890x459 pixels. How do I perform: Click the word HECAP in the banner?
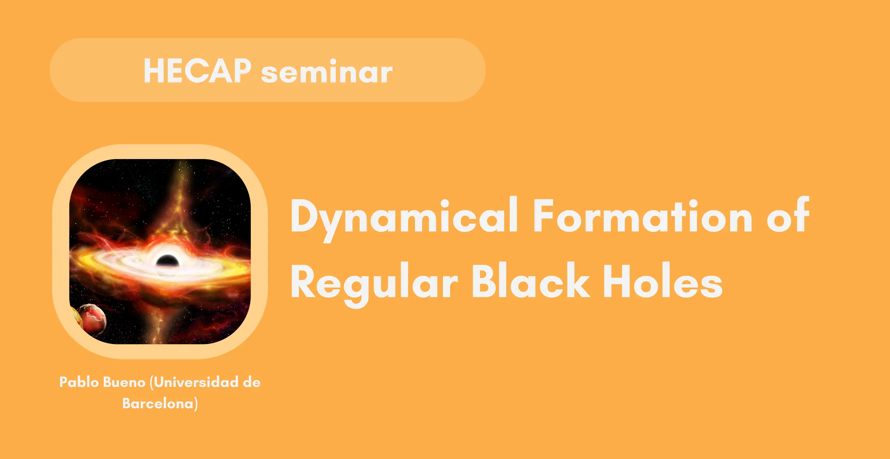point(197,71)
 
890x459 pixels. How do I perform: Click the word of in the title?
point(788,214)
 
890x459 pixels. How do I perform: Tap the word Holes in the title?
point(663,280)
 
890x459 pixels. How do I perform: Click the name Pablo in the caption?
point(79,382)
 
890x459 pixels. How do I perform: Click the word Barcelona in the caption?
point(158,403)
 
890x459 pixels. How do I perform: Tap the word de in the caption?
point(252,382)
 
